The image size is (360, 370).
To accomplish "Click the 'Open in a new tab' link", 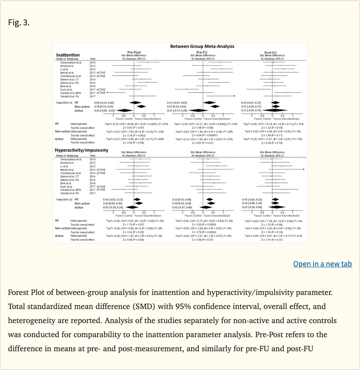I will coord(322,264).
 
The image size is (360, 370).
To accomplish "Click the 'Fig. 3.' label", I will coord(19,22).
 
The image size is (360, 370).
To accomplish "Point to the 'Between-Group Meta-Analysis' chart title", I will coord(202,46).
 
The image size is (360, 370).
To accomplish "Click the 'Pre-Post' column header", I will coord(134,52).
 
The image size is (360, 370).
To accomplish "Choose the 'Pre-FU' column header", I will coord(202,52).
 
